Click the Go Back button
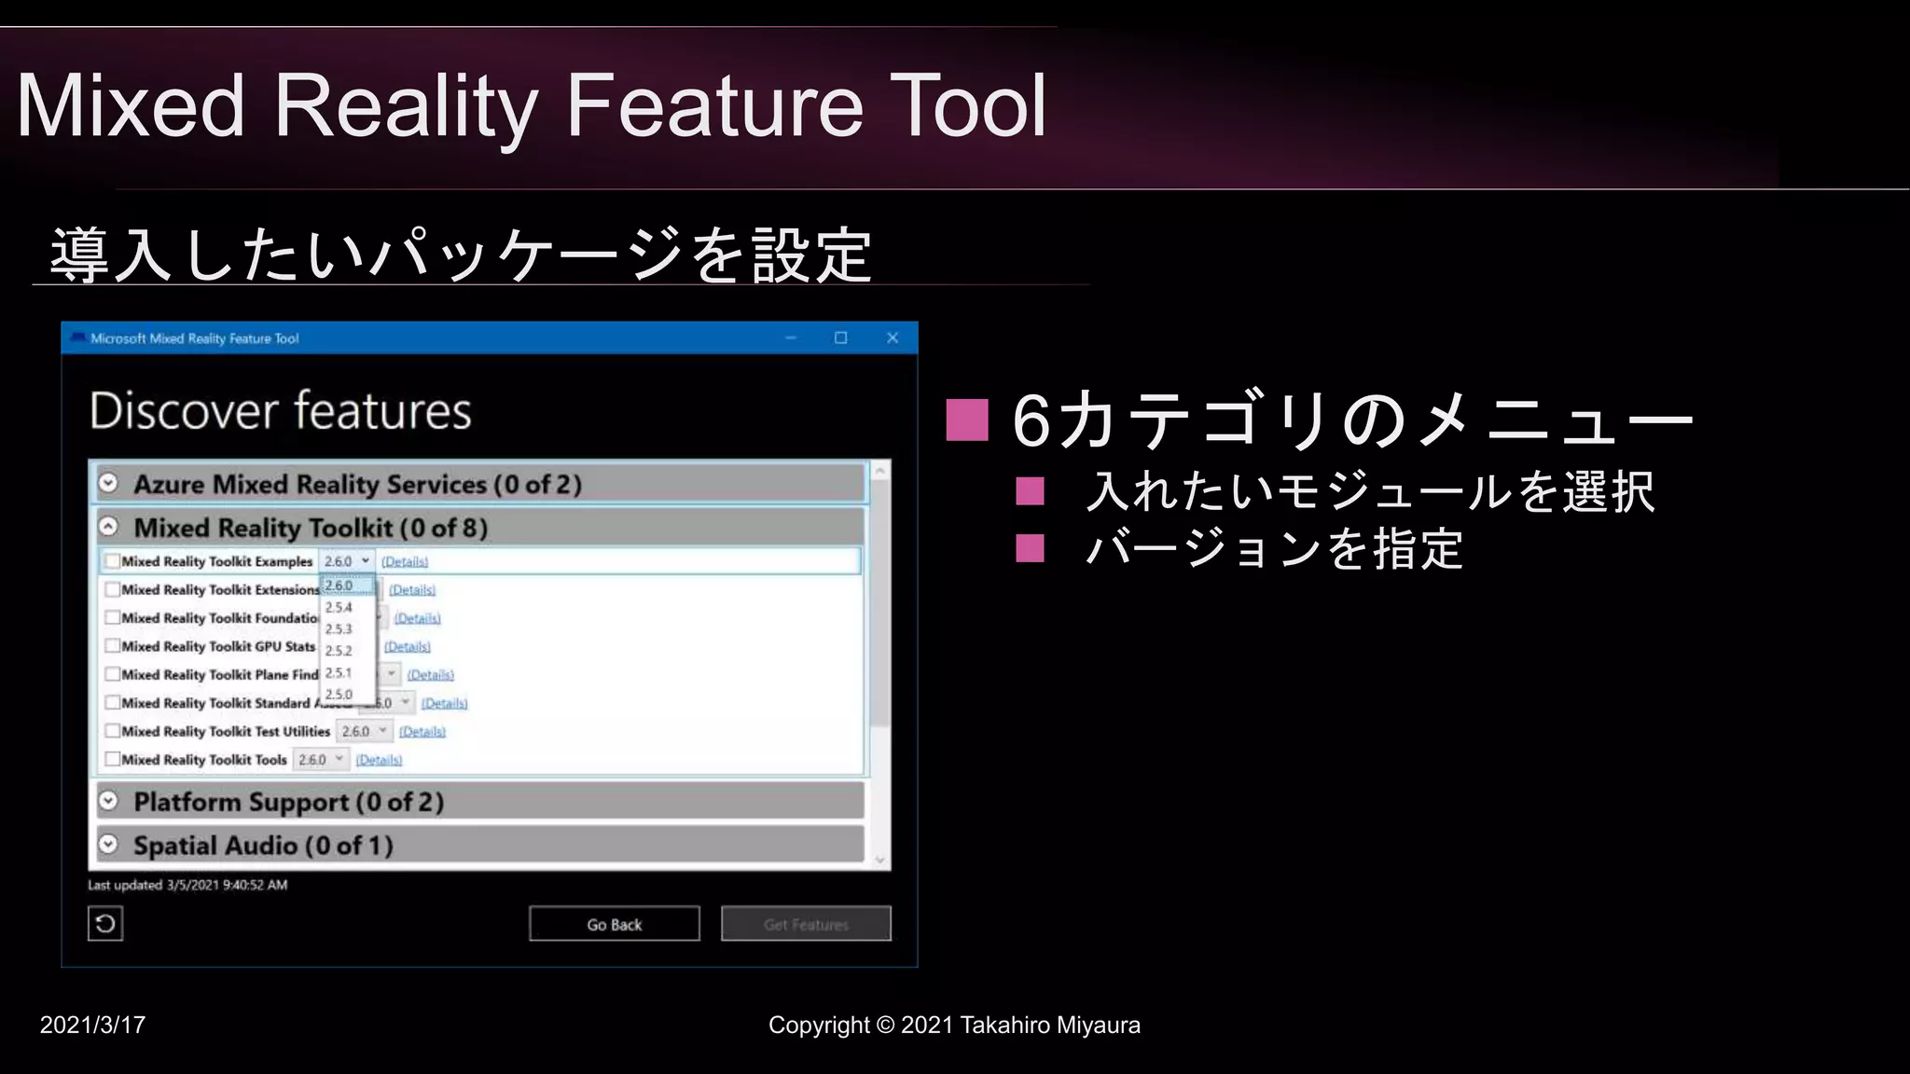click(x=614, y=924)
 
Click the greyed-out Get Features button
click(x=806, y=924)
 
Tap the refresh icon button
click(x=105, y=924)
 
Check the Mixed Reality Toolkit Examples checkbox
click(x=113, y=561)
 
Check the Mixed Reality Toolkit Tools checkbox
click(x=113, y=760)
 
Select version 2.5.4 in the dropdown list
click(x=339, y=607)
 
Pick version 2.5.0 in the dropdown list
click(x=339, y=695)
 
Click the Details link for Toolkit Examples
click(x=404, y=562)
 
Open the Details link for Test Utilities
click(x=422, y=732)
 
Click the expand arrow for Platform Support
click(x=109, y=801)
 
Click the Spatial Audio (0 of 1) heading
click(x=263, y=846)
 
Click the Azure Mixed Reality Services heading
click(x=357, y=485)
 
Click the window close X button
click(x=893, y=337)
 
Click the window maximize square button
click(x=840, y=337)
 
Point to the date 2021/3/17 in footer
click(x=92, y=1025)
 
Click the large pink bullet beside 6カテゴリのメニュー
click(x=966, y=420)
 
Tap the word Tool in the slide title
click(x=968, y=106)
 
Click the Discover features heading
click(x=281, y=411)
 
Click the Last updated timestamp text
click(x=187, y=885)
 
